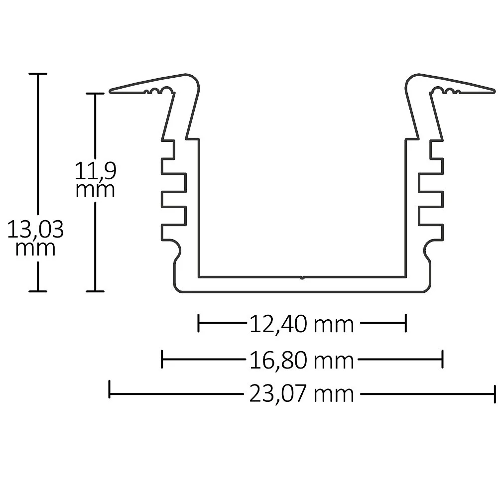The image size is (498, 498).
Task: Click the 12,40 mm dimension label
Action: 301,324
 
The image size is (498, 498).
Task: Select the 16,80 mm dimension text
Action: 301,361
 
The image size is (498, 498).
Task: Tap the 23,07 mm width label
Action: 301,394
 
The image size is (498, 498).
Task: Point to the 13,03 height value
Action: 35,229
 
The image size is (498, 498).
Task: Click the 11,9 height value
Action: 95,170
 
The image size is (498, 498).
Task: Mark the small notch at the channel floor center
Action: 302,277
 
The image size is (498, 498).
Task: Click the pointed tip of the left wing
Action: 110,92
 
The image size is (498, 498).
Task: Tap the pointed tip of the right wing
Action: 494,92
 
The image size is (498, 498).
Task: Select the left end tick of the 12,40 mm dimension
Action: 199,323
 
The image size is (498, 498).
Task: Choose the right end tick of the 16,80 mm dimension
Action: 442,359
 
